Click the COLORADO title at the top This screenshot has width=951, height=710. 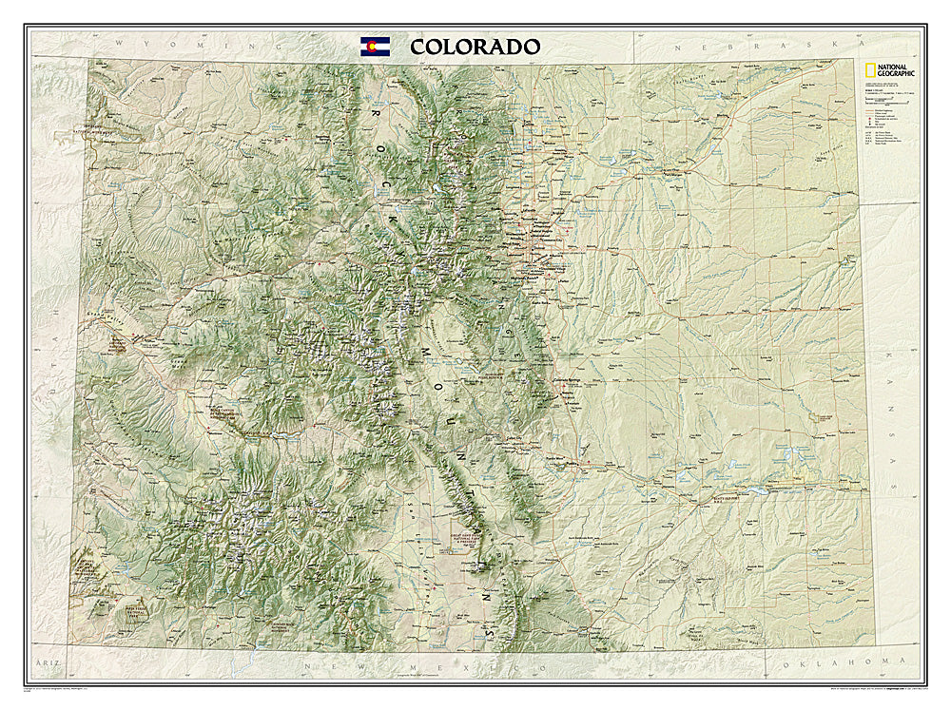[x=475, y=47]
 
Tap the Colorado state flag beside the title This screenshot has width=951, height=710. [x=375, y=46]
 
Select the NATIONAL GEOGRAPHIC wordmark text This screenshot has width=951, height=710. [x=896, y=70]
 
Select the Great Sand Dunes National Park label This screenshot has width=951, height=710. [x=460, y=552]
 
